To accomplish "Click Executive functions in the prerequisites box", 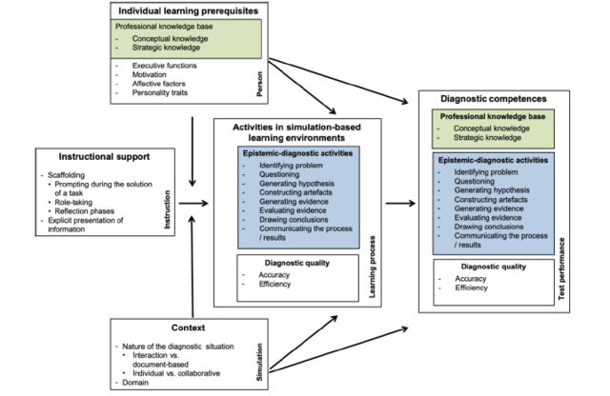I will tap(165, 65).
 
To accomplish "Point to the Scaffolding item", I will tap(65, 173).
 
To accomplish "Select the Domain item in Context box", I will tap(137, 382).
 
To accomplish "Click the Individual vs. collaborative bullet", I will tap(172, 372).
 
